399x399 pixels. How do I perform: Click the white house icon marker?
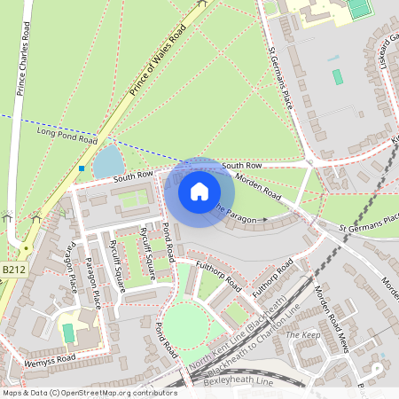[199, 191]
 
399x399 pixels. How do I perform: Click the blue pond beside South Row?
[108, 161]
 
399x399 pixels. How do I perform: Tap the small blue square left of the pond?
[82, 168]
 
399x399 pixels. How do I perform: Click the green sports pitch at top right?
[358, 8]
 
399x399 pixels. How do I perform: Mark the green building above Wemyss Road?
[68, 332]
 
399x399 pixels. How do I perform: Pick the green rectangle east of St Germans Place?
[338, 76]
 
